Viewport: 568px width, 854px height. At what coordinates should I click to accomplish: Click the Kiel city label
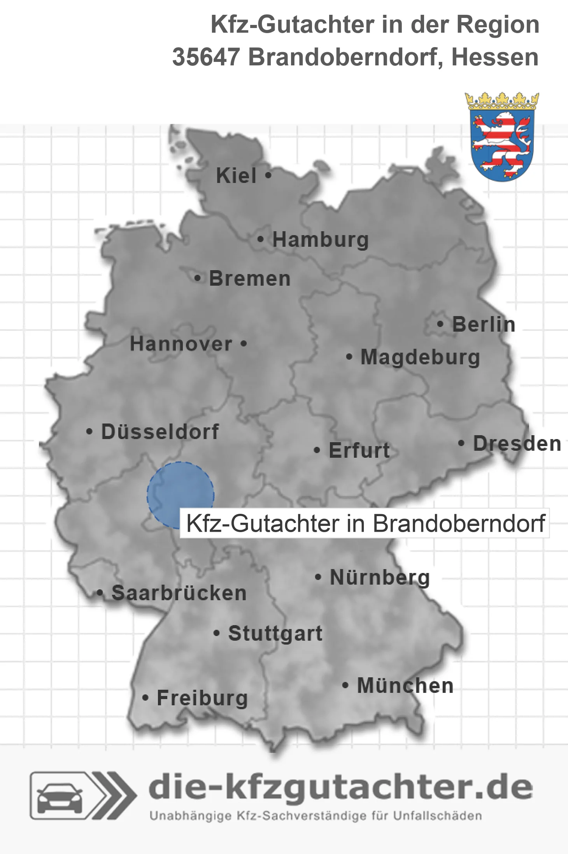pos(236,176)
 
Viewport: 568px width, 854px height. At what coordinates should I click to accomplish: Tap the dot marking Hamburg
pos(260,239)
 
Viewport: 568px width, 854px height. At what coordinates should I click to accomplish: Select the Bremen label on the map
pos(249,279)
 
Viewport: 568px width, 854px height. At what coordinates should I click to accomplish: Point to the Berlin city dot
pos(440,324)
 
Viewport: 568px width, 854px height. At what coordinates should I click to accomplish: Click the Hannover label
pos(181,344)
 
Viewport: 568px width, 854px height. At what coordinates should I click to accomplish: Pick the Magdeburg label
pos(420,357)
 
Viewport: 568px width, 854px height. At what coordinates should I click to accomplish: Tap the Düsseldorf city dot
pos(89,432)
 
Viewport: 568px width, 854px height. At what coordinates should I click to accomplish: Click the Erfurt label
pos(359,450)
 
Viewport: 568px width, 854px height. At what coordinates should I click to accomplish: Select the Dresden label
pos(517,443)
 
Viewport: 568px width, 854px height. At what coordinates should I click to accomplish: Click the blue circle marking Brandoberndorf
pos(180,495)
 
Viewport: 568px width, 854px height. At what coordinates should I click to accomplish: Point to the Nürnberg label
pos(380,577)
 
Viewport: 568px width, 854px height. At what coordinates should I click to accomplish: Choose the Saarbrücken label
pos(179,593)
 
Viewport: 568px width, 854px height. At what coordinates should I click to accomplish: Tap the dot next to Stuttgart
pos(217,633)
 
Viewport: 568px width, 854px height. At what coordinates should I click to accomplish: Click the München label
pos(405,685)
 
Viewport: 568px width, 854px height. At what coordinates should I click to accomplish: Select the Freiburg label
pos(202,698)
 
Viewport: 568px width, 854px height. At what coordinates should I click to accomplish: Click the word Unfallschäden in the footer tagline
pos(437,816)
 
